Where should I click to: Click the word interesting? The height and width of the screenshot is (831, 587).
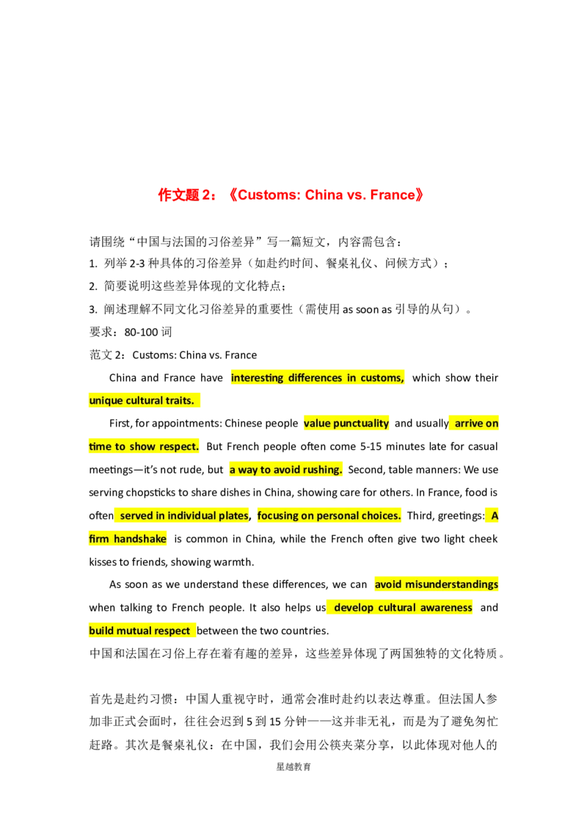pyautogui.click(x=257, y=378)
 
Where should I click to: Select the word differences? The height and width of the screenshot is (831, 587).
pyautogui.click(x=314, y=378)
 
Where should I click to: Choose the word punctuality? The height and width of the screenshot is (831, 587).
pyautogui.click(x=361, y=424)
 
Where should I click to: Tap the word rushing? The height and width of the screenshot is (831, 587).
pyautogui.click(x=324, y=470)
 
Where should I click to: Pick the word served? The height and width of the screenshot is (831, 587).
pyautogui.click(x=136, y=515)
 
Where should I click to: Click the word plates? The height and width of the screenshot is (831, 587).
pyautogui.click(x=233, y=515)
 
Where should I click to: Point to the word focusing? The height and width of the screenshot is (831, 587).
pyautogui.click(x=280, y=515)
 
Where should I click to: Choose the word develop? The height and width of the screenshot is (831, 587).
pyautogui.click(x=354, y=608)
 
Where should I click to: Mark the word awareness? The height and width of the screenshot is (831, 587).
pyautogui.click(x=447, y=608)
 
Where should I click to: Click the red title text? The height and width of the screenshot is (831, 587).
pyautogui.click(x=290, y=195)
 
